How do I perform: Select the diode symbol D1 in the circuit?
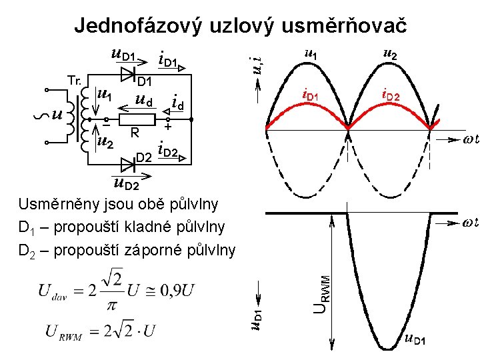pos(142,69)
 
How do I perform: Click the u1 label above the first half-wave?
pos(311,53)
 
